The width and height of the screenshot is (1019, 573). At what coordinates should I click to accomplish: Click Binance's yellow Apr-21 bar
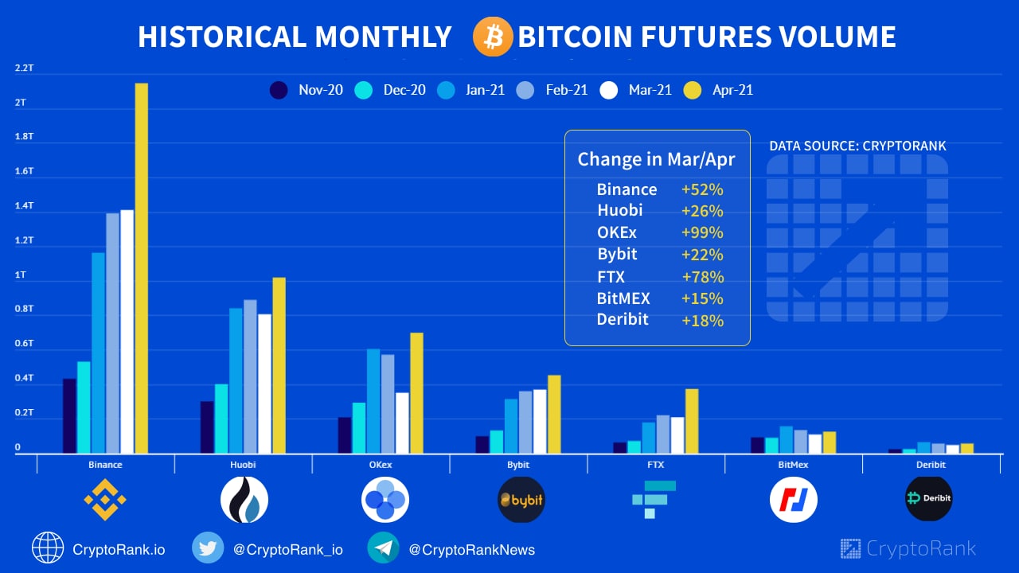[x=142, y=267]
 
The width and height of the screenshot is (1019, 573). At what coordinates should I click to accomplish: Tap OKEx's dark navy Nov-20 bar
[x=345, y=435]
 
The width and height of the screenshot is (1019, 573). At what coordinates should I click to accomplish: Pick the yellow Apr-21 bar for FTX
[x=692, y=421]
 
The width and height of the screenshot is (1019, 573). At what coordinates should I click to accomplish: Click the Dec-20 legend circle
[x=363, y=90]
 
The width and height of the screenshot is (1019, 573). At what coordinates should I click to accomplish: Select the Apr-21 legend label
[x=732, y=90]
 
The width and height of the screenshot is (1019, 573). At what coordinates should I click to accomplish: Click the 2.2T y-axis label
[x=24, y=68]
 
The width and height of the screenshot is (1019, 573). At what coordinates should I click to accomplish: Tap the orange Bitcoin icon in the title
[x=493, y=37]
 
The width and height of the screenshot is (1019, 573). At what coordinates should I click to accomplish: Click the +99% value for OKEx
[x=702, y=233]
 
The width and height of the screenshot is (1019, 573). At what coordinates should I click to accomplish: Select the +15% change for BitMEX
[x=702, y=299]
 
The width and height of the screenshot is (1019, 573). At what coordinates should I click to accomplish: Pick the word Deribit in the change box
[x=623, y=320]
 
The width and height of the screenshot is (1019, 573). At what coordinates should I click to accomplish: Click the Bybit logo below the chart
[x=521, y=500]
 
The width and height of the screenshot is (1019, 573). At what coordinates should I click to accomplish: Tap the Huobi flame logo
[x=244, y=500]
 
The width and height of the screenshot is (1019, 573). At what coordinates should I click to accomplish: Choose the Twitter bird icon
[x=208, y=548]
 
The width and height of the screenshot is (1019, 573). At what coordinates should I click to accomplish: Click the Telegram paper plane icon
[x=384, y=548]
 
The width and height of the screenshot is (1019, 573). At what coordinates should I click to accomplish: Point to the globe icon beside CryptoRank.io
[x=48, y=548]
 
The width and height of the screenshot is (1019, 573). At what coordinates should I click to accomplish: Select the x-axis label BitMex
[x=793, y=465]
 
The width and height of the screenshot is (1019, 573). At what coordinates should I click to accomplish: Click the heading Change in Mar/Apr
[x=656, y=159]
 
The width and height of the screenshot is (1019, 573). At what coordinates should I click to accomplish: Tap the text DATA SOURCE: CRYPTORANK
[x=857, y=146]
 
